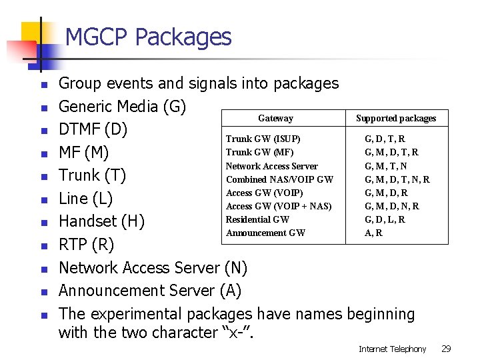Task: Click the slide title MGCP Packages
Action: [148, 37]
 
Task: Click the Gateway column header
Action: [275, 118]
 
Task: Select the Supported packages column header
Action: [396, 118]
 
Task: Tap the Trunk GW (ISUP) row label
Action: [263, 139]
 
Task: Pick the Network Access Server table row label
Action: [271, 166]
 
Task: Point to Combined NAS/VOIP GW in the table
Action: [279, 179]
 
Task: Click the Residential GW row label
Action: [257, 219]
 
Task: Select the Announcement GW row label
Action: [265, 233]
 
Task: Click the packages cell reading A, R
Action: [373, 233]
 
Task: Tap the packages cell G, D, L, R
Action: [385, 219]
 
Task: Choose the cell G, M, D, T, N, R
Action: [397, 179]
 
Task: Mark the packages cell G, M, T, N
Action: [385, 166]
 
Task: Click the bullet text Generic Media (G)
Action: [123, 107]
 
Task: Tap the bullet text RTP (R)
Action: [86, 245]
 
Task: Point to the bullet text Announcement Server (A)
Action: [150, 291]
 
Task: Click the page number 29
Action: [447, 349]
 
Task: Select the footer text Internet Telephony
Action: [392, 349]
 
